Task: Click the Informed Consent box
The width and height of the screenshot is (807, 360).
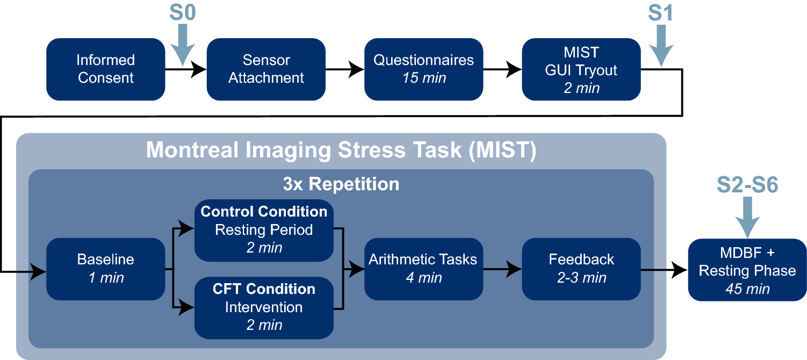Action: pyautogui.click(x=105, y=69)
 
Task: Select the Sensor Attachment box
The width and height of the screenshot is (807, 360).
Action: pyautogui.click(x=266, y=69)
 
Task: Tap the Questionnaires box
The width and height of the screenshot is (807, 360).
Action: pyautogui.click(x=423, y=69)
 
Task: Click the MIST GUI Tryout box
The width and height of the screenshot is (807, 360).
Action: pyautogui.click(x=581, y=69)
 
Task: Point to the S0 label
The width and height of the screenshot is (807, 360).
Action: pyautogui.click(x=183, y=13)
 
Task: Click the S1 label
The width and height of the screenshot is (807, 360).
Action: pyautogui.click(x=661, y=13)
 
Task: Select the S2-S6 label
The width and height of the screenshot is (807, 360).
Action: pyautogui.click(x=747, y=185)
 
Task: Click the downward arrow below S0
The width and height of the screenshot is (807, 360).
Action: pyautogui.click(x=183, y=46)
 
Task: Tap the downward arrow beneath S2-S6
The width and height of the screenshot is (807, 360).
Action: pyautogui.click(x=747, y=217)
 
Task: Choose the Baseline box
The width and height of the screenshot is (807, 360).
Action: pyautogui.click(x=105, y=269)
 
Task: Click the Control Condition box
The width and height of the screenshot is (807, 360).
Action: pyautogui.click(x=264, y=231)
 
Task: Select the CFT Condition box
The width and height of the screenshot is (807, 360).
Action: pyautogui.click(x=264, y=308)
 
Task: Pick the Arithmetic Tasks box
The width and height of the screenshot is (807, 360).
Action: pyautogui.click(x=423, y=269)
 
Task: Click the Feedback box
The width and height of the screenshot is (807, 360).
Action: pyautogui.click(x=581, y=269)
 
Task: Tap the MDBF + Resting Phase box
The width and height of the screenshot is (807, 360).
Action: pyautogui.click(x=747, y=270)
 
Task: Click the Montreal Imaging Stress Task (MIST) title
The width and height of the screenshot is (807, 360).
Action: pyautogui.click(x=341, y=150)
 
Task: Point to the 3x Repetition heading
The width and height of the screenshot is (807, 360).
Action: pyautogui.click(x=341, y=184)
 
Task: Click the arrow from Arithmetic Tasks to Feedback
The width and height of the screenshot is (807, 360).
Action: pyautogui.click(x=502, y=269)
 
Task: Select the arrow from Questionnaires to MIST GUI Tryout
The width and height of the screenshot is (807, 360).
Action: pyautogui.click(x=502, y=69)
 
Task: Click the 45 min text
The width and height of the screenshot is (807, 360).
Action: pyautogui.click(x=747, y=289)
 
